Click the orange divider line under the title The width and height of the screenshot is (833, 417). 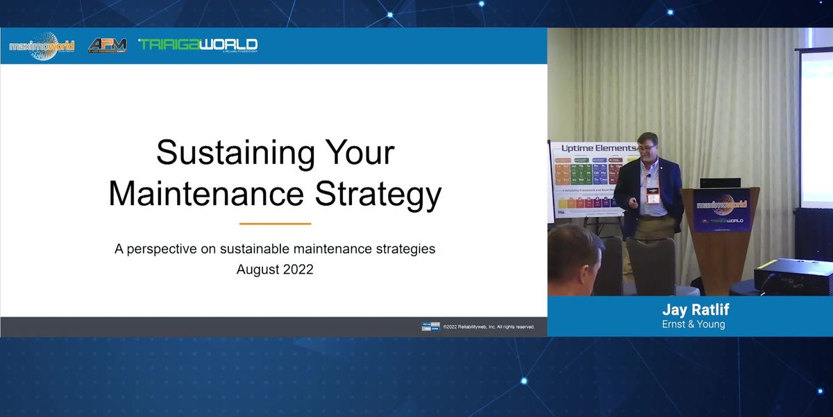click(275, 224)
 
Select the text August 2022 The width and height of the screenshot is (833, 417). click(275, 270)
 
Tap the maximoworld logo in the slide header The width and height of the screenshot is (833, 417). click(42, 46)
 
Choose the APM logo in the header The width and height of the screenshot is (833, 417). click(107, 46)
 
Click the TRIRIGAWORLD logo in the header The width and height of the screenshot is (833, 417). click(198, 45)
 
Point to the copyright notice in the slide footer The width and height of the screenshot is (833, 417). click(489, 327)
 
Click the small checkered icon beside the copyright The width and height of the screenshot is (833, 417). click(430, 327)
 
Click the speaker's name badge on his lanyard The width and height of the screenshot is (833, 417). click(653, 198)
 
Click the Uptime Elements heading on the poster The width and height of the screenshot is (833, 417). click(598, 148)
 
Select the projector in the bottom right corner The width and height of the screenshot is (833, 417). click(793, 276)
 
